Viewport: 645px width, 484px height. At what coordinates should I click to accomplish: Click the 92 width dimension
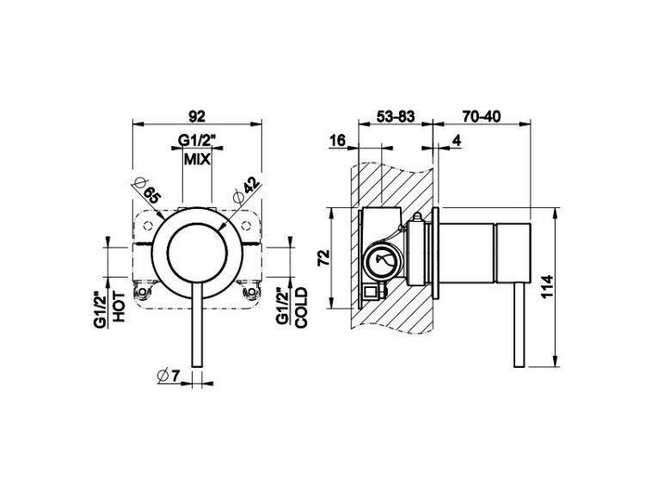[197, 116]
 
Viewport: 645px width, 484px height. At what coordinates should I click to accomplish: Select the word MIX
[197, 159]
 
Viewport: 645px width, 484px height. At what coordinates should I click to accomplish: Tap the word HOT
[120, 306]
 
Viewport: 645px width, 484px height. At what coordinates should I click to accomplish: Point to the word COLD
[301, 307]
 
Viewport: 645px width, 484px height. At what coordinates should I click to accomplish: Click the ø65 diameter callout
[147, 190]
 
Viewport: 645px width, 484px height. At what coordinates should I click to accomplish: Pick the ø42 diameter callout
[247, 189]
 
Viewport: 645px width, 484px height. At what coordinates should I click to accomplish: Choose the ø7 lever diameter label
[169, 375]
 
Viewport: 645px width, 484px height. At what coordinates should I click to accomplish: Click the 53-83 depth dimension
[396, 117]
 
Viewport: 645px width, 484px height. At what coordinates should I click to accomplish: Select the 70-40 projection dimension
[482, 117]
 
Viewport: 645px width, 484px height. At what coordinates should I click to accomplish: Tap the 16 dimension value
[337, 141]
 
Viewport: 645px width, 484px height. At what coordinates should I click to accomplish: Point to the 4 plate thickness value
[456, 141]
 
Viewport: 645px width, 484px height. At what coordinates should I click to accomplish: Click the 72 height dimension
[324, 258]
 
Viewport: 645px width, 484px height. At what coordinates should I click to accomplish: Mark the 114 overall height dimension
[548, 286]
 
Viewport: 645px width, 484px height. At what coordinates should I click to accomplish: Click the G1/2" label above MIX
[197, 141]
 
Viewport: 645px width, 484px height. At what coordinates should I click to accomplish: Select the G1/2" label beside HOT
[101, 309]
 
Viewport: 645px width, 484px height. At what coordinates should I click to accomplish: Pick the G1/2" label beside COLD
[283, 307]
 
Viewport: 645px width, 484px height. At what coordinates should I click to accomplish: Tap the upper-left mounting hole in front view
[148, 225]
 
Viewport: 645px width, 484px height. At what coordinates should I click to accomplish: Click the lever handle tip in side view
[519, 366]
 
